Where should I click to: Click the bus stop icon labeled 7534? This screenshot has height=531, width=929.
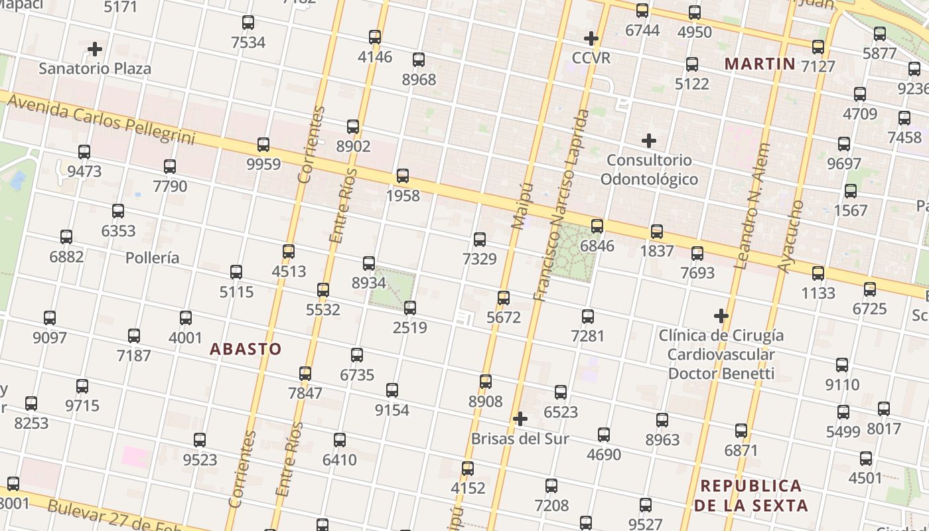click(x=248, y=23)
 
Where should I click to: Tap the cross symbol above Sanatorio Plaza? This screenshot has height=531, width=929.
click(x=95, y=49)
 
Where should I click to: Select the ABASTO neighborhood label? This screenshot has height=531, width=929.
click(x=246, y=349)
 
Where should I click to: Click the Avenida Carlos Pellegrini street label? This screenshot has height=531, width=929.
click(x=103, y=119)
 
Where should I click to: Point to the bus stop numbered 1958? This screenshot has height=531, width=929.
click(x=403, y=177)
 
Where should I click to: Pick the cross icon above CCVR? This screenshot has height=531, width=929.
click(x=591, y=38)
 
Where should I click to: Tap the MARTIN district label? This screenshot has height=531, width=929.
click(x=759, y=64)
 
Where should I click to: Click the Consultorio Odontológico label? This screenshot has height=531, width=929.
click(x=649, y=170)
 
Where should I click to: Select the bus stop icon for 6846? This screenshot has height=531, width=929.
click(x=597, y=226)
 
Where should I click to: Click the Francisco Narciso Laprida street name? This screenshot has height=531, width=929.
click(x=561, y=206)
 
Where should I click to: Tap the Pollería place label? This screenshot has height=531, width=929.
click(x=153, y=258)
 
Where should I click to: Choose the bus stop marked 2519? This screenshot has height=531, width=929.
click(x=410, y=308)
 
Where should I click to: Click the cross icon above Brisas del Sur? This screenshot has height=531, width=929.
click(x=520, y=419)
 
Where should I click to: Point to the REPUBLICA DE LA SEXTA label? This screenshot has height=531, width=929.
click(x=751, y=495)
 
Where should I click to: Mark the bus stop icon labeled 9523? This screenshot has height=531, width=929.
click(x=200, y=440)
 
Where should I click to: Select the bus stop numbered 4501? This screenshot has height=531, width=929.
click(x=866, y=459)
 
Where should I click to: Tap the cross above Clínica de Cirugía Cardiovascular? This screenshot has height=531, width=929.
click(x=721, y=316)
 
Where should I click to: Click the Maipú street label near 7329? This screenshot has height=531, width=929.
click(x=522, y=206)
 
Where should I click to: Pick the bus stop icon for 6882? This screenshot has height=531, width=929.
click(x=66, y=237)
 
